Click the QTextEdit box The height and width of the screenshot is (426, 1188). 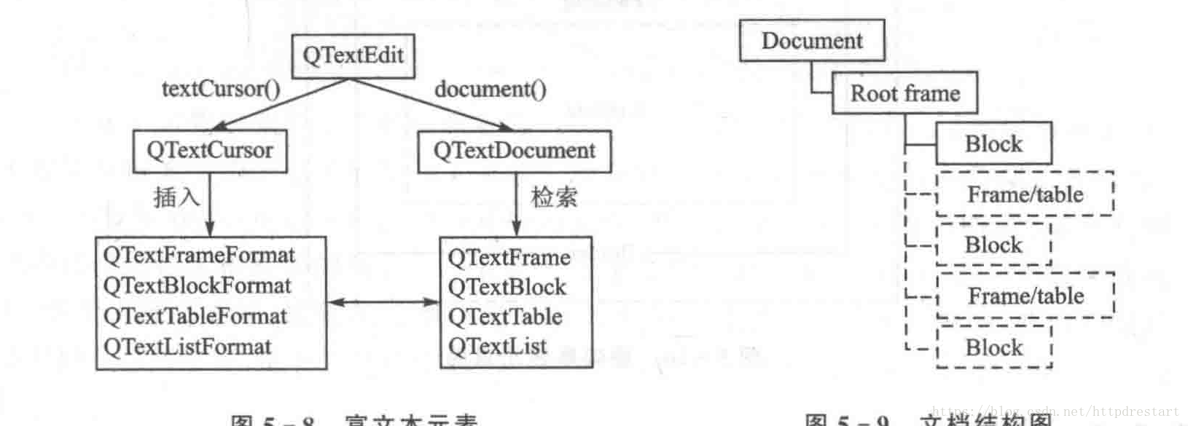point(353,56)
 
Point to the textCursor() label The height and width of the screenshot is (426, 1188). point(220,89)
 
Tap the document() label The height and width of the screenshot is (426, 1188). point(490,89)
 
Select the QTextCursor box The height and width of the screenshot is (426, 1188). point(210,151)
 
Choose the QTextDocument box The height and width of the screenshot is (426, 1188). point(514,151)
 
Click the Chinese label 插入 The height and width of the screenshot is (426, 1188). point(176,197)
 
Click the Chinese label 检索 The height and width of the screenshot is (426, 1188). point(554,197)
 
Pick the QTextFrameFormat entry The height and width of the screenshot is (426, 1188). point(199,256)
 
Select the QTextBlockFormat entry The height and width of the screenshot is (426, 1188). point(197,285)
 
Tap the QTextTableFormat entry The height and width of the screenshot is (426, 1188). point(195,316)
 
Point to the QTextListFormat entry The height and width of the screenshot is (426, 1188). point(187,347)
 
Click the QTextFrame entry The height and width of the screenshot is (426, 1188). point(509,257)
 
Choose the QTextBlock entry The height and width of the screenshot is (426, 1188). point(507,287)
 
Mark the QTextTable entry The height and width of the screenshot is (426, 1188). point(505,317)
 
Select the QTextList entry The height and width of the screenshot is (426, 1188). point(497,347)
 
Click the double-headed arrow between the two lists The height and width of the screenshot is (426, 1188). point(383,301)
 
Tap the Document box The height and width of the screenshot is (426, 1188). point(812,41)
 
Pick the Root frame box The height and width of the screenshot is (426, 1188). point(904,93)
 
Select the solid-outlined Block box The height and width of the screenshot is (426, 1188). point(993,143)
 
